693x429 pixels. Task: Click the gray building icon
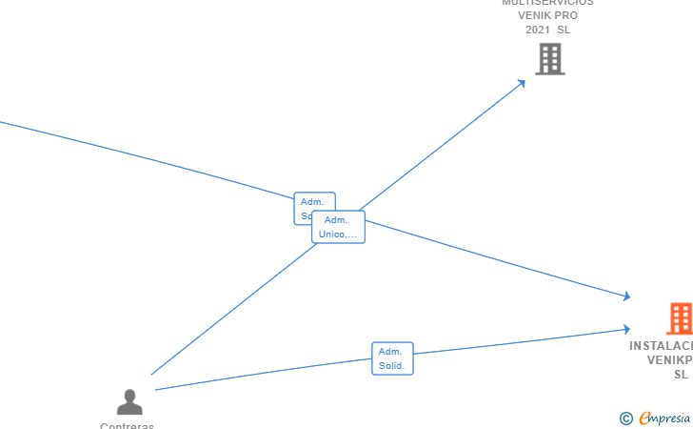549,59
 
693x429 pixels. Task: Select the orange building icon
680,318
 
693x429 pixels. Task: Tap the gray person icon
129,401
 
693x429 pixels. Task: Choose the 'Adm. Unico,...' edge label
339,227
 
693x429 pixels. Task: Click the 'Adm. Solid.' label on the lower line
392,358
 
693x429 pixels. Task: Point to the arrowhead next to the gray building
522,83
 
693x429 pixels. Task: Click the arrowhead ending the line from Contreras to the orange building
625,329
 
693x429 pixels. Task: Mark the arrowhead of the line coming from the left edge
625,296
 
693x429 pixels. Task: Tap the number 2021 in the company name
538,30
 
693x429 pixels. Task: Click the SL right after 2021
564,30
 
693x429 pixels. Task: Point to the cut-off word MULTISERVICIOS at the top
547,3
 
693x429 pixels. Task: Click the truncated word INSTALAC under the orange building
661,346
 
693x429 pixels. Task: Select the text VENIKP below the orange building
669,360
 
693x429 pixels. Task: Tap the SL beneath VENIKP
681,375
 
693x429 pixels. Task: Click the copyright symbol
625,418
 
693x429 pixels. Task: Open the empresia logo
664,418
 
